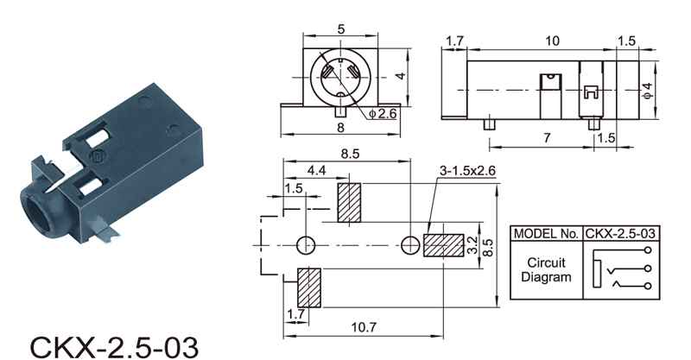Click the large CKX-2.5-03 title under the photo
click(114, 347)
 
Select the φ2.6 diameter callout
click(383, 113)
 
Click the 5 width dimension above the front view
click(340, 29)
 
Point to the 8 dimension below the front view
click(340, 128)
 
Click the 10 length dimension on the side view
click(552, 41)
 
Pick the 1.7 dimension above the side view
click(455, 41)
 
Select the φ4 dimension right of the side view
click(647, 91)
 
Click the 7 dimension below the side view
click(547, 138)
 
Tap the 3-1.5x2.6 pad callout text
click(467, 170)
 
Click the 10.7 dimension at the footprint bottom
click(364, 327)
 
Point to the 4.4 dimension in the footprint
click(316, 170)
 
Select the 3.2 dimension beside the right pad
click(472, 245)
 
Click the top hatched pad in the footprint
click(349, 203)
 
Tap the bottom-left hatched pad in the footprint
click(309, 287)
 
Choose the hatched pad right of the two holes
click(444, 245)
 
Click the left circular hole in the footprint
click(306, 245)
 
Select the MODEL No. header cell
click(546, 234)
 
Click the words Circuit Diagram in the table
click(546, 269)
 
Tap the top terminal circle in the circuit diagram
click(647, 250)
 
